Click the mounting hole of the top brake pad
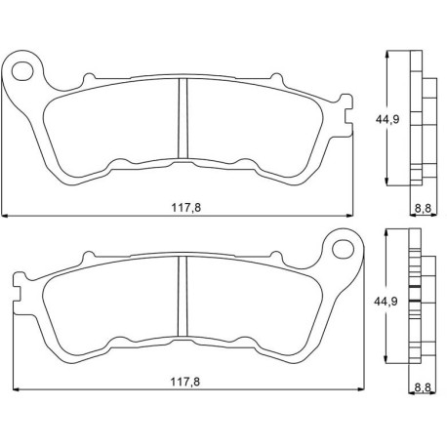tap(22, 71)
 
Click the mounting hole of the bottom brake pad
tap(343, 249)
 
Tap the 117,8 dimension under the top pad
tap(186, 207)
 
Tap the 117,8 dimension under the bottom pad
tap(185, 382)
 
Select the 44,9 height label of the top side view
tap(387, 119)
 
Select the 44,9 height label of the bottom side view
tap(386, 302)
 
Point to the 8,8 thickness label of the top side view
tap(423, 208)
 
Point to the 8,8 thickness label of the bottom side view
tap(423, 387)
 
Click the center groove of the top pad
tap(183, 118)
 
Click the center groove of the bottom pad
tap(183, 296)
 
